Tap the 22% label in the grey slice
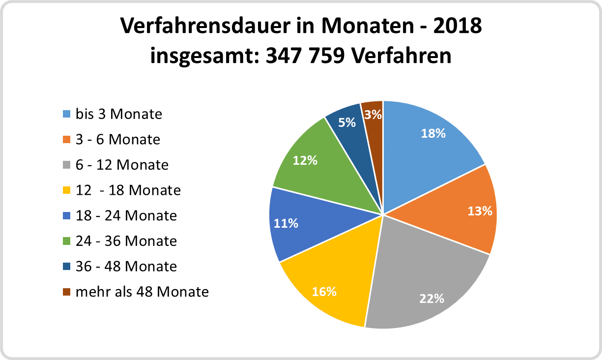pos(432,298)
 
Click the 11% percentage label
pos(286,223)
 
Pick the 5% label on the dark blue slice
pos(347,122)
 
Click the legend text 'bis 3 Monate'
pos(118,114)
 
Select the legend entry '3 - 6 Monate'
pos(117,140)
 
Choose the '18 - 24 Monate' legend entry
pos(126,215)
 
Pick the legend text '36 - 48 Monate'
pos(126,267)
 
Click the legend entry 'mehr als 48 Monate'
pos(142,292)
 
